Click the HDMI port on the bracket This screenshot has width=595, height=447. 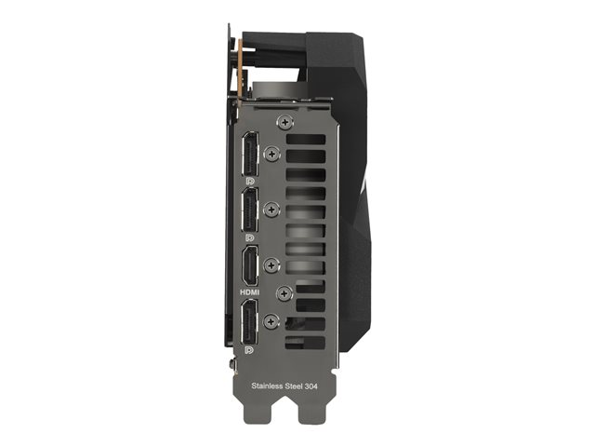(x=250, y=266)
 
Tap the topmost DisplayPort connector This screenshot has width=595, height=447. (x=250, y=154)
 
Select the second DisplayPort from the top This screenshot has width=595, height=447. (x=250, y=210)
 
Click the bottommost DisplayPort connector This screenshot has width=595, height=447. (x=250, y=321)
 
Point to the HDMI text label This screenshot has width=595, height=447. (x=250, y=292)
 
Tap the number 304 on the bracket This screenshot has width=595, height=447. (x=311, y=386)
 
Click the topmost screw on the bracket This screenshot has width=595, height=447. (x=285, y=122)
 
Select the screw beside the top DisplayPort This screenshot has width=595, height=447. (x=271, y=154)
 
